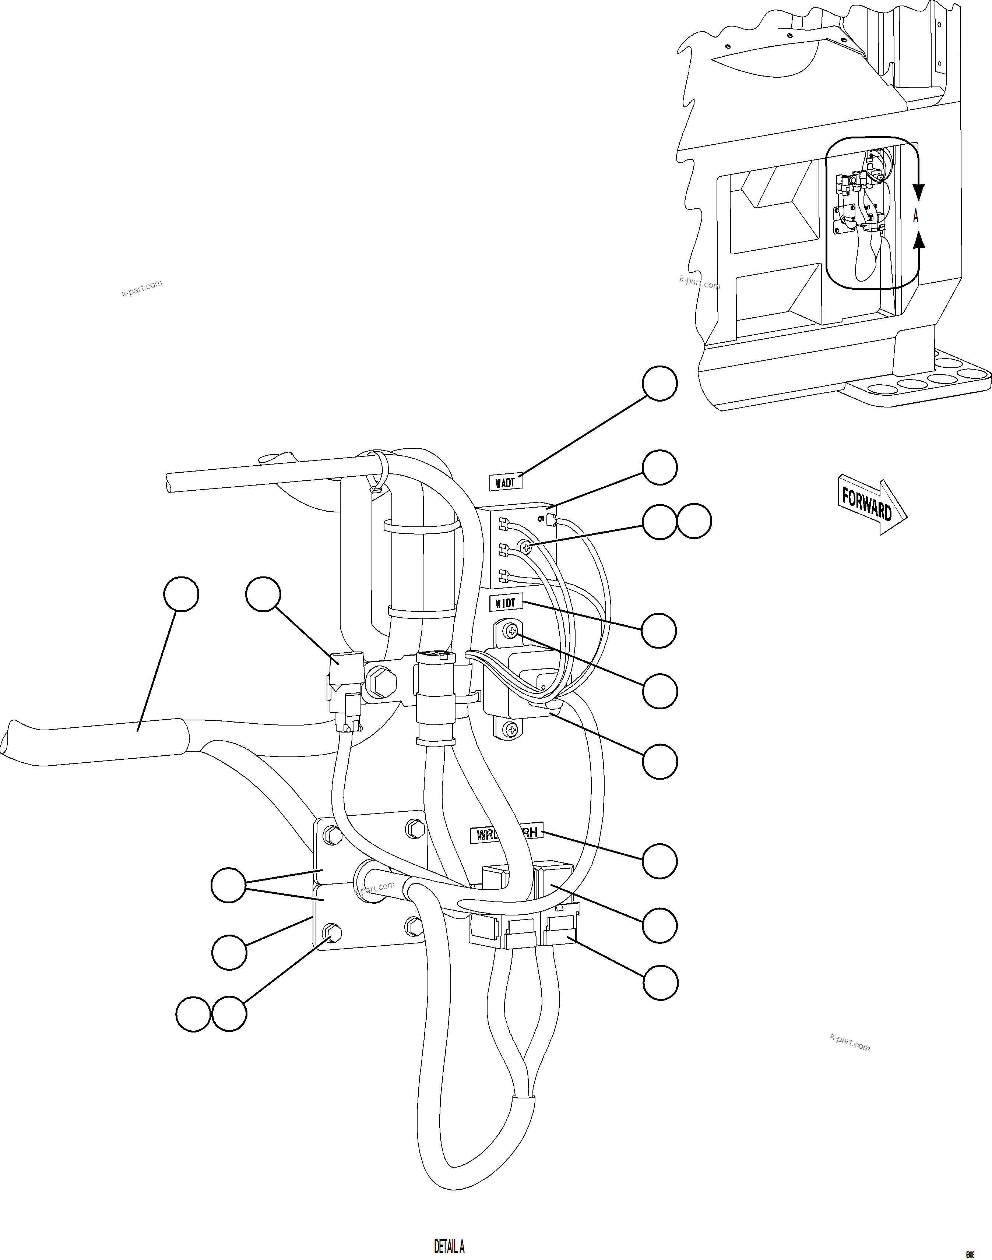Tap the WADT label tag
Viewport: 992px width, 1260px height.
coord(505,482)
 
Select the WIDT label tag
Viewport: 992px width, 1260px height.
coord(505,603)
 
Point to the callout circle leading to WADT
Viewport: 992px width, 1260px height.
coord(659,383)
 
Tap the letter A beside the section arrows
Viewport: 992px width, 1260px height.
coord(916,216)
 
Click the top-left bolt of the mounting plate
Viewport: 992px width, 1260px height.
coord(332,835)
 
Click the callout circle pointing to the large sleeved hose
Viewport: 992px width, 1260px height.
coord(181,594)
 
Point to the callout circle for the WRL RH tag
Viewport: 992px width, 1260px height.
coord(659,861)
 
